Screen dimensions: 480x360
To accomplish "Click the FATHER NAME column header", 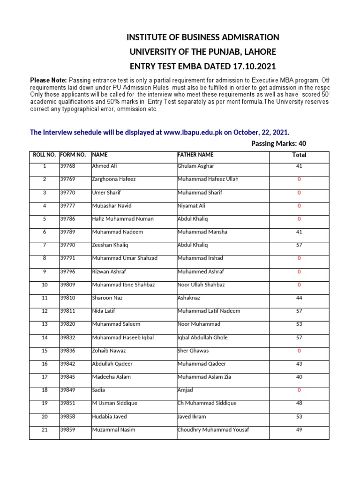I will tap(195, 155).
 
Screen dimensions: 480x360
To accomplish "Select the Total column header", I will tap(299, 155).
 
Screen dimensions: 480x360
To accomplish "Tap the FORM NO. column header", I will tap(73, 155).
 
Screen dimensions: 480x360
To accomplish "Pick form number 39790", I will tap(67, 245).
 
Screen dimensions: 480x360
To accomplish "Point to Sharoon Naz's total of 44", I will tap(299, 298).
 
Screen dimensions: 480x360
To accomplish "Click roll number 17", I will tap(45, 377).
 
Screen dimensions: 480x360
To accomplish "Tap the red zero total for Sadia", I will tap(299, 390).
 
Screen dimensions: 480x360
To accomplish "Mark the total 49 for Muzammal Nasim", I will tap(299, 430).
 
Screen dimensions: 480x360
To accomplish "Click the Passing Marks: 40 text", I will tap(279, 144).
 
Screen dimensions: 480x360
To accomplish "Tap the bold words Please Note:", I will tap(48, 81).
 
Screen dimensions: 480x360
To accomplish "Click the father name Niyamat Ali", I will tap(191, 206).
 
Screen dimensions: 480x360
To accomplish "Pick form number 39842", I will tap(67, 364).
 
